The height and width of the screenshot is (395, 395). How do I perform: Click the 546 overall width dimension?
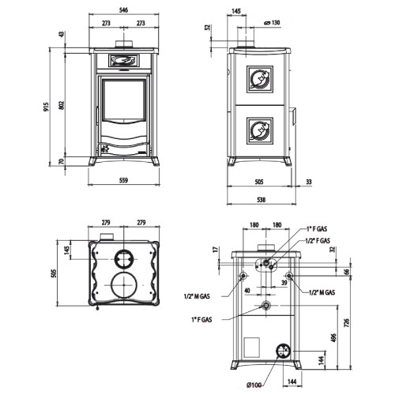tap(123, 10)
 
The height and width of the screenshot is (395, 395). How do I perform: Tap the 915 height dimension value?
tap(47, 107)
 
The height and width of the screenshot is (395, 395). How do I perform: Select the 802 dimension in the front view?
tap(62, 105)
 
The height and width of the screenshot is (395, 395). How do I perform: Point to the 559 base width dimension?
tap(123, 180)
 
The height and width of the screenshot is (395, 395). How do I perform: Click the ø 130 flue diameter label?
tap(272, 23)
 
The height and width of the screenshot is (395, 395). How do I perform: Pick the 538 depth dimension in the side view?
tap(261, 200)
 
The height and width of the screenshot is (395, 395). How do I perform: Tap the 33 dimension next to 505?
tap(309, 182)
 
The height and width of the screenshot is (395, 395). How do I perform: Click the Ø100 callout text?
tap(254, 386)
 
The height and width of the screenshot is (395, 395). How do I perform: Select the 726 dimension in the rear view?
tap(347, 322)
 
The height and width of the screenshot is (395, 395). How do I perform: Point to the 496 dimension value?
tap(333, 338)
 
